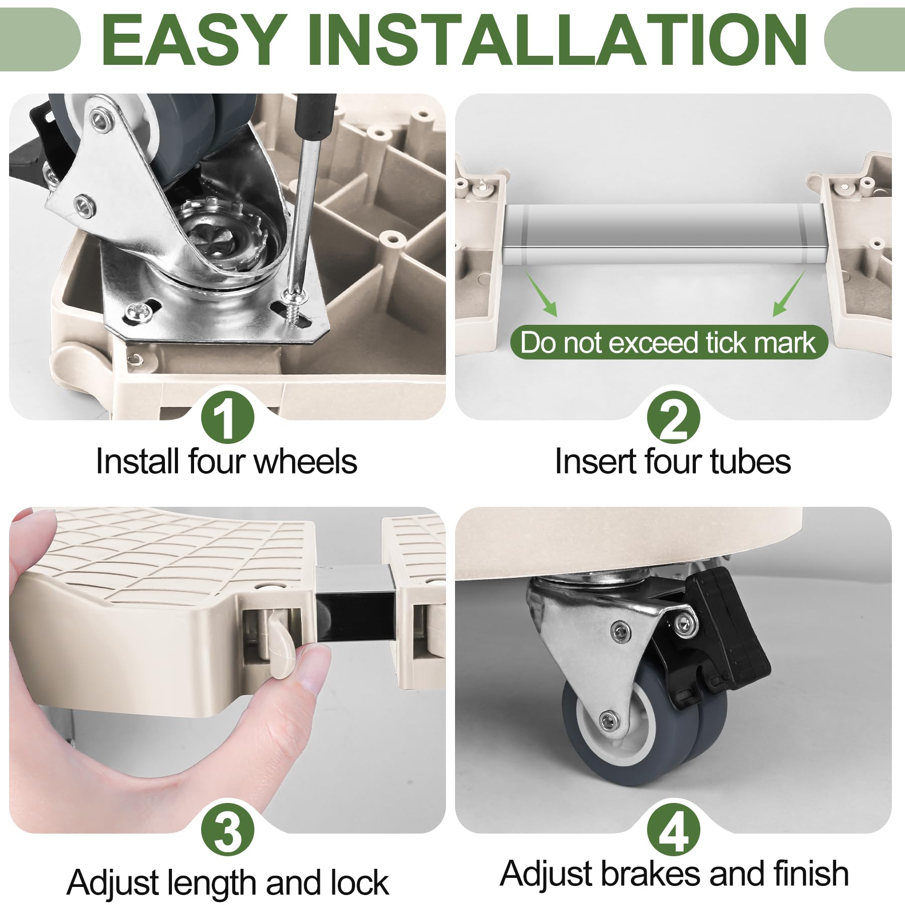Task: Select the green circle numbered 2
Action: pos(674,417)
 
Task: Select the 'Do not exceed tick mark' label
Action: pos(669,342)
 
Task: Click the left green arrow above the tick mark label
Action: pos(541,294)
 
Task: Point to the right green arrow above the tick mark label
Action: pos(789,294)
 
